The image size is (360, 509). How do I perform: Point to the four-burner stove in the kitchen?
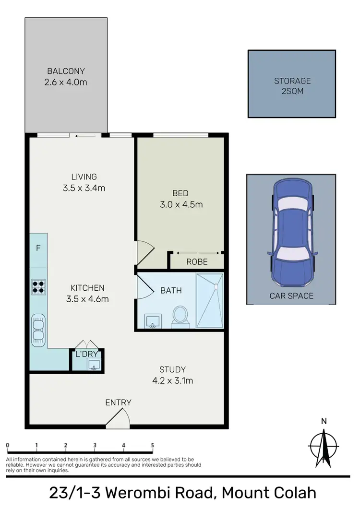pyautogui.click(x=38, y=286)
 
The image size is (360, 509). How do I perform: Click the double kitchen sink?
pyautogui.click(x=38, y=330)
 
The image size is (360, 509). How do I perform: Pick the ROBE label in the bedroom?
pyautogui.click(x=197, y=262)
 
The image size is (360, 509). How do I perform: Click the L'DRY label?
pyautogui.click(x=87, y=355)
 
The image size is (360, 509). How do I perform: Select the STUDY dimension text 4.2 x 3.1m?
pyautogui.click(x=172, y=381)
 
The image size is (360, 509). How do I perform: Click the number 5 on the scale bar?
pyautogui.click(x=153, y=445)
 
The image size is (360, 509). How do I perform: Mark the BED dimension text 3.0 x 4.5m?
pyautogui.click(x=181, y=204)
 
